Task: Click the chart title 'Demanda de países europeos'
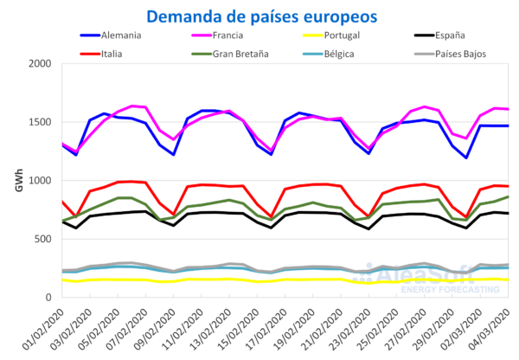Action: click(x=261, y=16)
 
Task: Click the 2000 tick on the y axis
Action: click(x=39, y=64)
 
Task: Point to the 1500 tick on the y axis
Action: click(x=39, y=122)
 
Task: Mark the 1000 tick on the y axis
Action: click(x=39, y=181)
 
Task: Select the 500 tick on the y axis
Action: click(x=42, y=239)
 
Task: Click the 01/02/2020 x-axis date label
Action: click(x=43, y=327)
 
